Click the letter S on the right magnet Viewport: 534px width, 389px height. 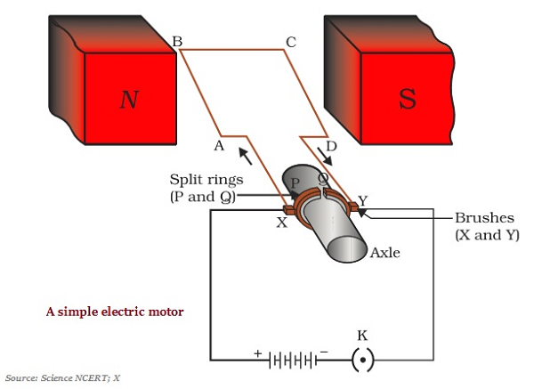pos(407,98)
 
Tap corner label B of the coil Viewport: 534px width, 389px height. pos(176,42)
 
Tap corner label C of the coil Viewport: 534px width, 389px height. pos(290,42)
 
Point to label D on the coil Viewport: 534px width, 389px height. pos(332,145)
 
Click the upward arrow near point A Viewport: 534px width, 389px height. pos(244,157)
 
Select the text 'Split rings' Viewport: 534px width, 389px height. pos(206,180)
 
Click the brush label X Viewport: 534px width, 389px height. pos(282,223)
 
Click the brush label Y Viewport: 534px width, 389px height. pos(362,200)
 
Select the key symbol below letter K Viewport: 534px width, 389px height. pos(362,361)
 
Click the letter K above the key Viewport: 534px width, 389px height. pos(362,335)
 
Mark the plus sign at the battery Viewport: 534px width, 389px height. pos(258,353)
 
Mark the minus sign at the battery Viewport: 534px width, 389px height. pos(324,353)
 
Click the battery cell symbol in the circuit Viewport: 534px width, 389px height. pos(291,361)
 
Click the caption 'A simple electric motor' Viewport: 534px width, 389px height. pos(115,312)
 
